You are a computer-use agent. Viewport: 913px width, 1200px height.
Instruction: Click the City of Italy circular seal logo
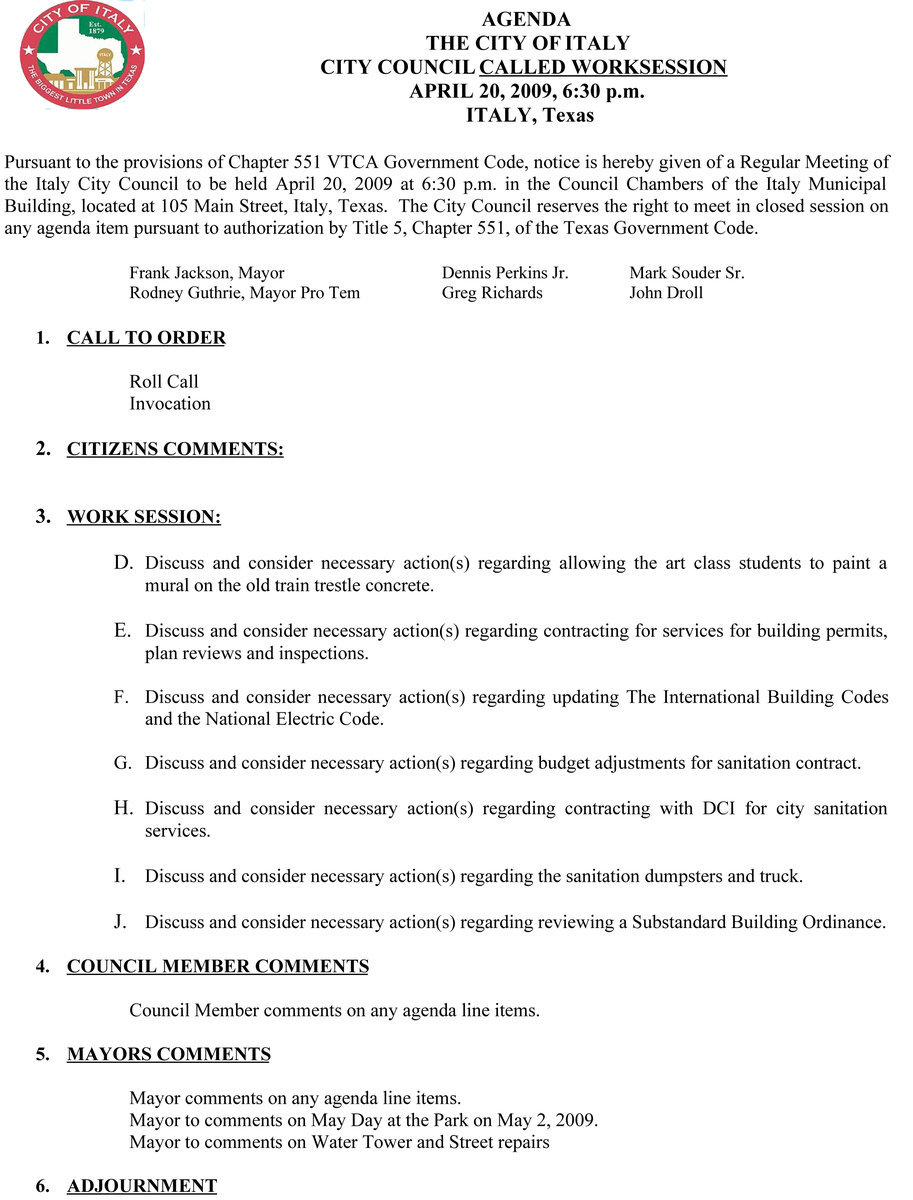pos(82,55)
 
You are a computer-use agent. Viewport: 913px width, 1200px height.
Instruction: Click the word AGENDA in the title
pos(526,20)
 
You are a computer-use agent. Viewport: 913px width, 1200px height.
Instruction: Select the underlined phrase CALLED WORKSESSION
pos(603,68)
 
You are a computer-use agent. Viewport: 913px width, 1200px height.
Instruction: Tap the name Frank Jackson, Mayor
pos(206,273)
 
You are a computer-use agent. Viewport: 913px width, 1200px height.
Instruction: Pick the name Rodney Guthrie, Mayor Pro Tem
pos(244,293)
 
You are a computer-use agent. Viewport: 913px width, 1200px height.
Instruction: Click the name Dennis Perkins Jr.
pos(505,273)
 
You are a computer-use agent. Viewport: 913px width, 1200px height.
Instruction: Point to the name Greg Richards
pos(492,293)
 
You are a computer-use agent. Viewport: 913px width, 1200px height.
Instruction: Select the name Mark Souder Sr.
pos(686,273)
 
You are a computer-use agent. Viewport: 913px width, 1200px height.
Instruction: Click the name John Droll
pos(666,293)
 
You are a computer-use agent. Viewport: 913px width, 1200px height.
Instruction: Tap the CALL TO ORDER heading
pos(146,338)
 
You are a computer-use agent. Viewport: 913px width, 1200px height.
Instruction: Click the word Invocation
pos(170,404)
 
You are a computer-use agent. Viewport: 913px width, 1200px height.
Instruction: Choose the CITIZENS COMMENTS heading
pos(175,450)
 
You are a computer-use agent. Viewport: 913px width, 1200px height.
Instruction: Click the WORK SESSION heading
pos(144,517)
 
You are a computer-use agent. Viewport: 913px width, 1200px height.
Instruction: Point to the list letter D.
pos(123,563)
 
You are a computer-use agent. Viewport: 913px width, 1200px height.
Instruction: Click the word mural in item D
pos(166,586)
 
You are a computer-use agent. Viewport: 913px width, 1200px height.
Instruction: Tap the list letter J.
pos(120,922)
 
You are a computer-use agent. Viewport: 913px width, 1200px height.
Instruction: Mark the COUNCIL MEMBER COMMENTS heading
pos(218,967)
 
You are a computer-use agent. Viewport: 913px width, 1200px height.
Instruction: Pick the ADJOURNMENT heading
pos(142,1187)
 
